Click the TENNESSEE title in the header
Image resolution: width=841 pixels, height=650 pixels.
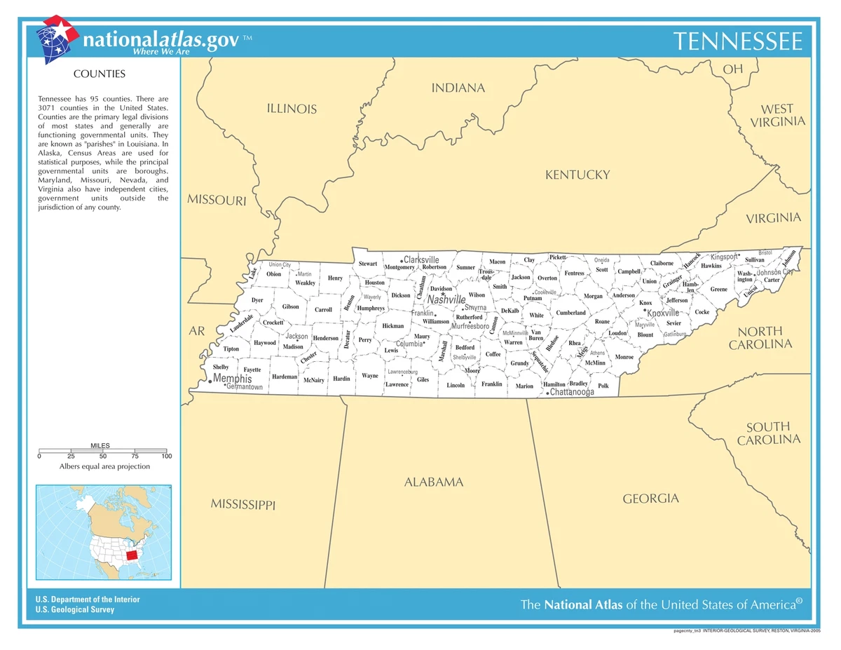pyautogui.click(x=737, y=41)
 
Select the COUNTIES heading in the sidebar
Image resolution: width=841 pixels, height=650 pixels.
pyautogui.click(x=100, y=74)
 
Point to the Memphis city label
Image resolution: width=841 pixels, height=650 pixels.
pyautogui.click(x=232, y=379)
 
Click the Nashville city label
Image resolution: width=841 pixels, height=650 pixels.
pyautogui.click(x=446, y=299)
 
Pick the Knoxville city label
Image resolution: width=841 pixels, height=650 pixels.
pyautogui.click(x=663, y=313)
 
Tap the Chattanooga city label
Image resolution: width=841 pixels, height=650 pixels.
pyautogui.click(x=572, y=392)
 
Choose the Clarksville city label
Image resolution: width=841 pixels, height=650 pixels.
pyautogui.click(x=421, y=259)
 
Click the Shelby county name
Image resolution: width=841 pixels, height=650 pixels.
pyautogui.click(x=221, y=367)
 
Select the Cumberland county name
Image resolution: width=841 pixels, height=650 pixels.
pyautogui.click(x=570, y=313)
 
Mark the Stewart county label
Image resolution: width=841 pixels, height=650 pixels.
pyautogui.click(x=368, y=264)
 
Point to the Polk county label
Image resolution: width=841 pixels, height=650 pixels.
pyautogui.click(x=603, y=386)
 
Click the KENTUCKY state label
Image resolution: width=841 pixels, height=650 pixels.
pyautogui.click(x=577, y=175)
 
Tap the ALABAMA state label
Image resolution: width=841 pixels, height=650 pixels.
pyautogui.click(x=434, y=482)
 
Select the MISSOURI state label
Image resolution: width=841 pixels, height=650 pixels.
pyautogui.click(x=217, y=200)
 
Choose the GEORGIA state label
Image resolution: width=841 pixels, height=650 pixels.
pyautogui.click(x=650, y=499)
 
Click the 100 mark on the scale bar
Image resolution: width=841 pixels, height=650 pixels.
pyautogui.click(x=166, y=456)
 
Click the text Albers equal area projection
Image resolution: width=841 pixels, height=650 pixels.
pyautogui.click(x=104, y=466)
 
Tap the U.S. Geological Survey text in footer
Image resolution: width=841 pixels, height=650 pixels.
pyautogui.click(x=75, y=609)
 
